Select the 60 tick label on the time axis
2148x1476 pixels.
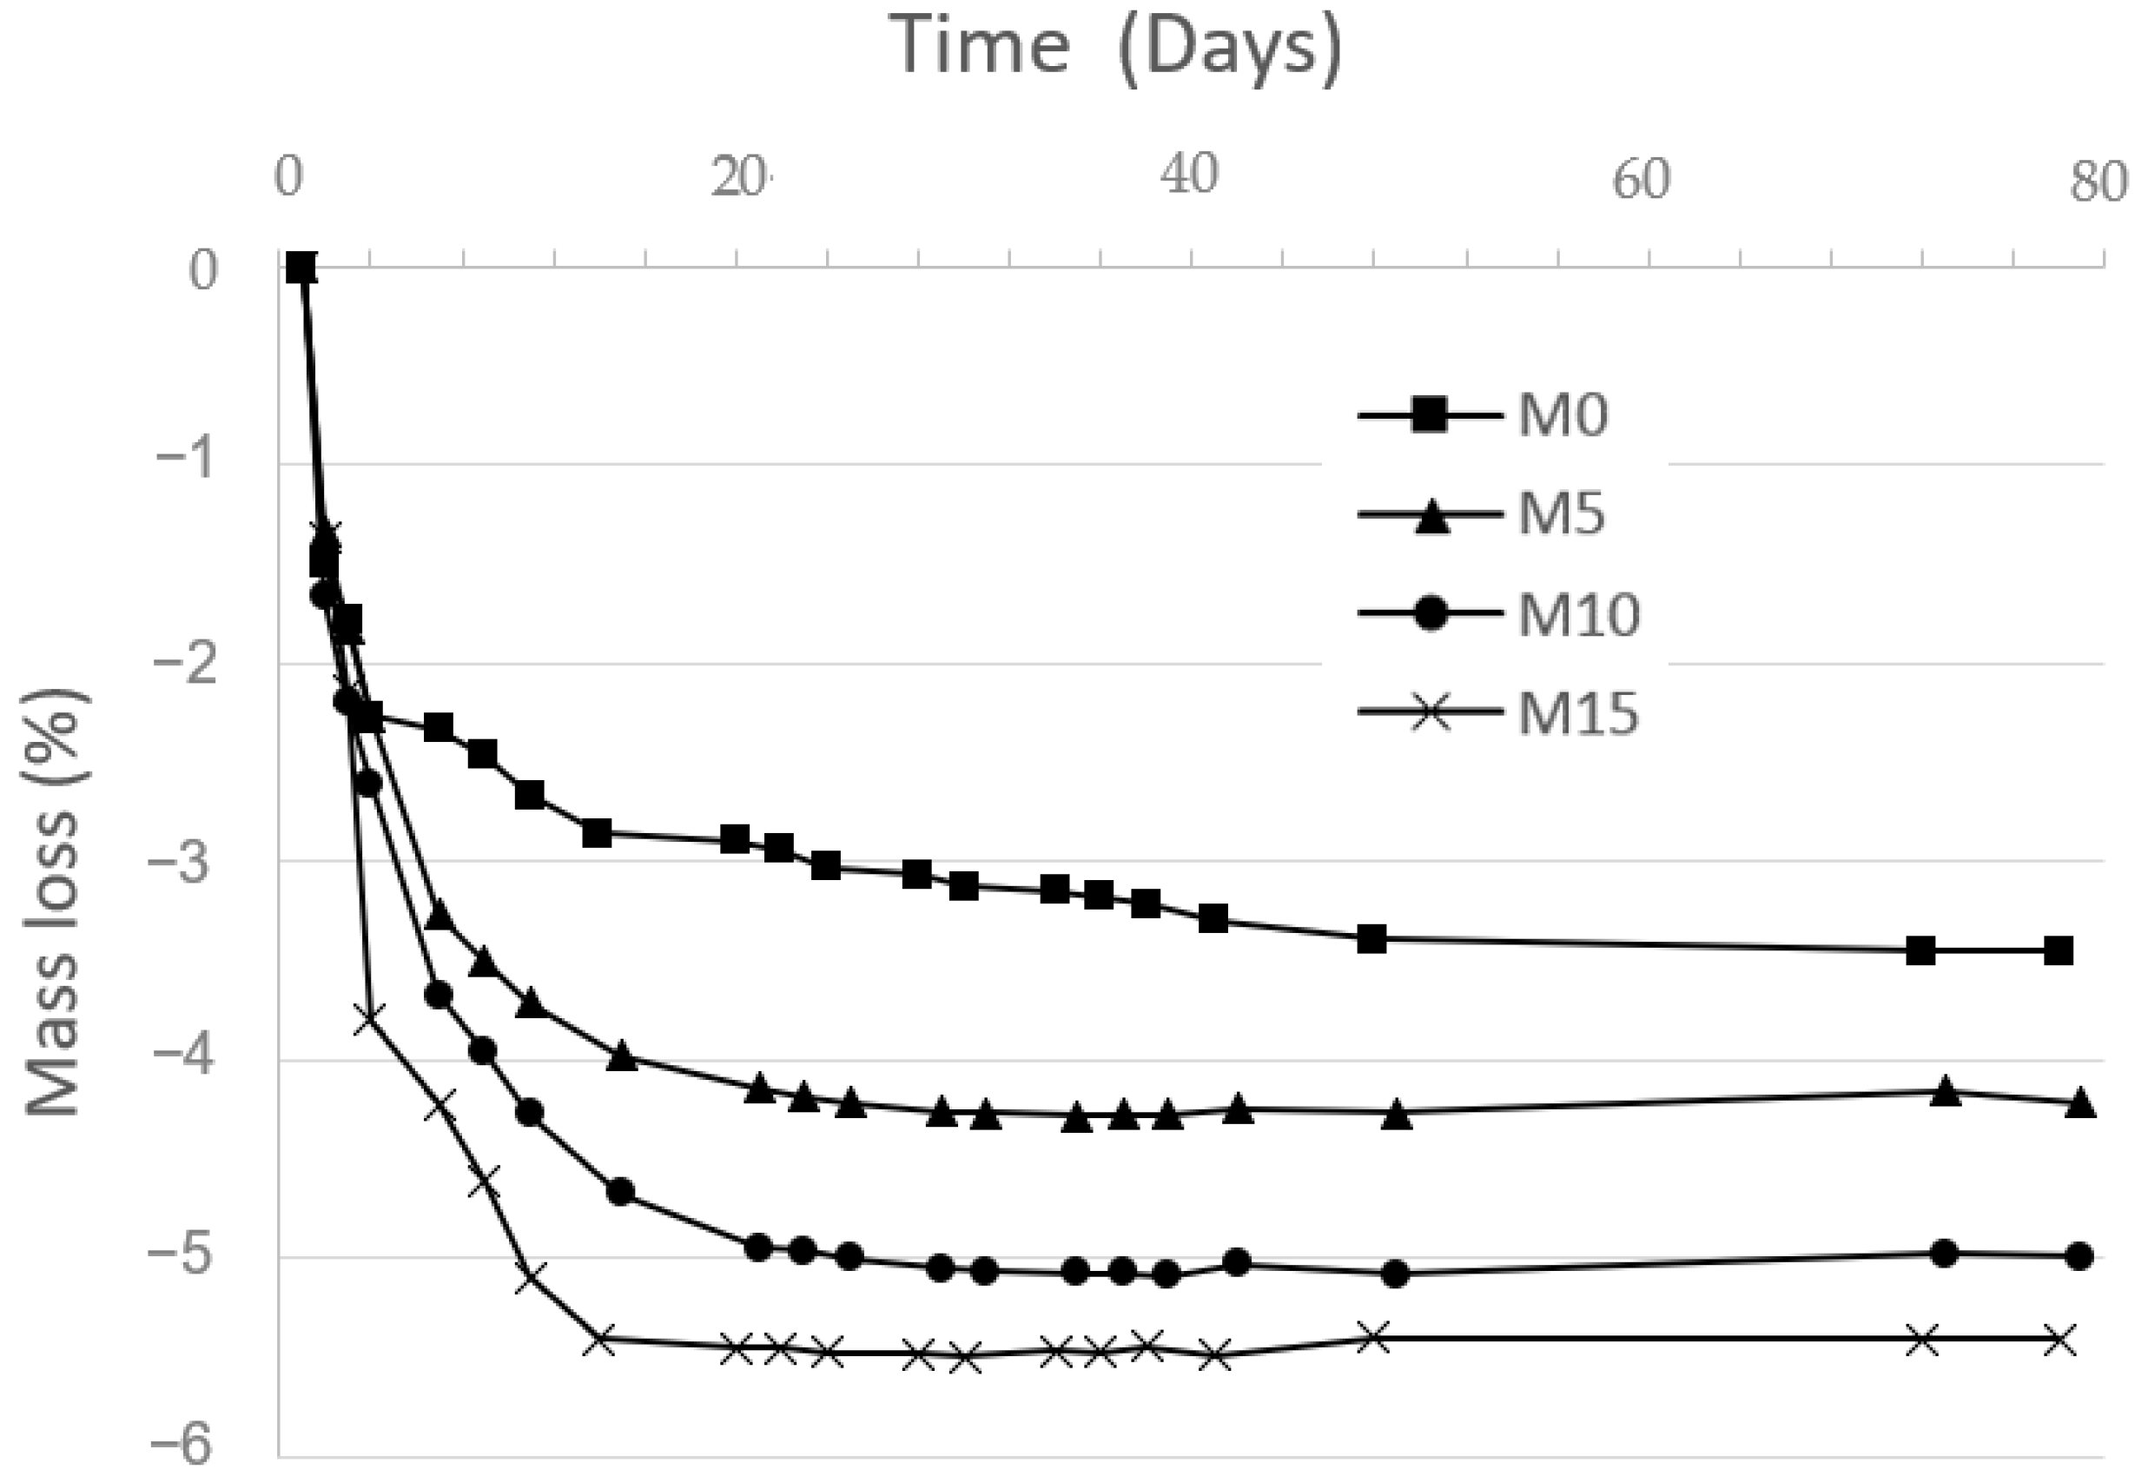click(x=1642, y=177)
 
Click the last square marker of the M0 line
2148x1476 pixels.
click(x=2059, y=950)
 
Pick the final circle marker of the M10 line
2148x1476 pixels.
click(x=2079, y=1256)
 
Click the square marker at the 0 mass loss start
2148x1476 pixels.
click(x=301, y=268)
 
